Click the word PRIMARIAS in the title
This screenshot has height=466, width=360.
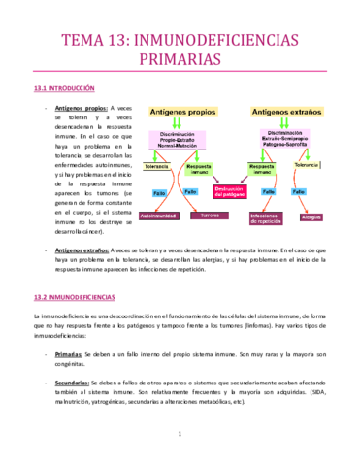tap(180, 61)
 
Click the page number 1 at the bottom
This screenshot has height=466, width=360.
tap(180, 448)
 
